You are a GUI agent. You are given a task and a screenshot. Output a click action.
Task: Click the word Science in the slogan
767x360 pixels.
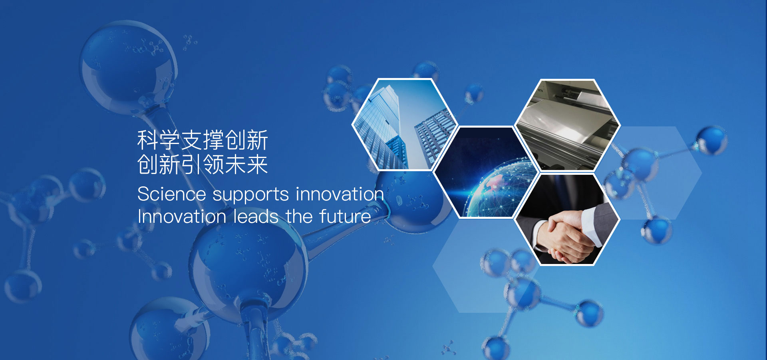tap(172, 194)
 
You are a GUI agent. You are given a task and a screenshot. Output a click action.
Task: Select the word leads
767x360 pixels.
tap(256, 216)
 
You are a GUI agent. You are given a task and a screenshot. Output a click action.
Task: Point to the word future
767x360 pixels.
tap(345, 216)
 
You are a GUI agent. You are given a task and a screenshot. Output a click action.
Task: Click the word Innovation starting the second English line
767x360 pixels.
tap(182, 216)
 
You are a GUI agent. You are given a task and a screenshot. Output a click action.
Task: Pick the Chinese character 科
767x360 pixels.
tap(148, 140)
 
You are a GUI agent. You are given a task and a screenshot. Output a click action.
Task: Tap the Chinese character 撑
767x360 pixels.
tap(213, 140)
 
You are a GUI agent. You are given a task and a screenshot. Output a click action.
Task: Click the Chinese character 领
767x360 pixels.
tap(213, 164)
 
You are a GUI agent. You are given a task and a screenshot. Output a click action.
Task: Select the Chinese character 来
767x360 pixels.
tap(257, 164)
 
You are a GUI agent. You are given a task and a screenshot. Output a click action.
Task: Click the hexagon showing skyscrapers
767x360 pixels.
tap(404, 124)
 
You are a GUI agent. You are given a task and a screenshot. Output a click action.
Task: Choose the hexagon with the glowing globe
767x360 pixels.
tap(486, 172)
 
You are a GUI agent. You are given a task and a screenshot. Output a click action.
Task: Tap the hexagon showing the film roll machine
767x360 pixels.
tap(567, 125)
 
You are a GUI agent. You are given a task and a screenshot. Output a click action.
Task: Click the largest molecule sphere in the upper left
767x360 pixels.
tap(128, 68)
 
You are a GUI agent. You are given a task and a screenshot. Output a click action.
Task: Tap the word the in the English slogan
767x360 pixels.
tap(299, 216)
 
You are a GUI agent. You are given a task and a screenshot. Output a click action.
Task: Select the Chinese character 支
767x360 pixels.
tap(192, 140)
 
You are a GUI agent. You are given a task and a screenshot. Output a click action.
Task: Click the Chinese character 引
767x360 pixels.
tap(192, 164)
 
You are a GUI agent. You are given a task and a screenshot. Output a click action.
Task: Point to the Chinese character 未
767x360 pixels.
tap(235, 164)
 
